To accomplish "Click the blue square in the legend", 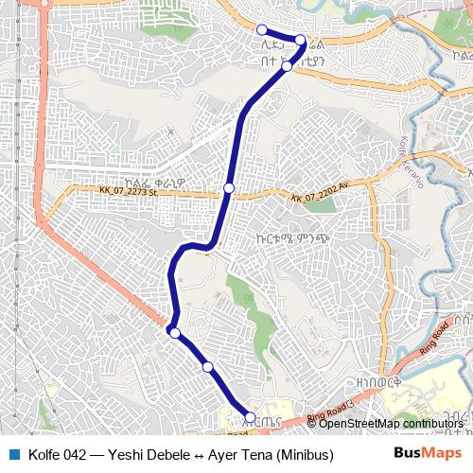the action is [x=13, y=453].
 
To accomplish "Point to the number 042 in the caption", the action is [x=79, y=454].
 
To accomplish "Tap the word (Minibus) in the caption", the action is [x=304, y=454].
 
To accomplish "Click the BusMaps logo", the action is [x=423, y=453].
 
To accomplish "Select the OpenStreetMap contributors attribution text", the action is [x=391, y=423].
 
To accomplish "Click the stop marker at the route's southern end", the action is [x=250, y=416].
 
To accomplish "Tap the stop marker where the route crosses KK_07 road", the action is [x=229, y=188].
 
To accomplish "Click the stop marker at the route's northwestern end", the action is [x=263, y=29].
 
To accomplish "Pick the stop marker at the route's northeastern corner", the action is [x=300, y=40].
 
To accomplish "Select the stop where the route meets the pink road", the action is [x=174, y=332].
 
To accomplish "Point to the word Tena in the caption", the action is [x=256, y=454].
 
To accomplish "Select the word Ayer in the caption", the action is [x=229, y=454].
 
